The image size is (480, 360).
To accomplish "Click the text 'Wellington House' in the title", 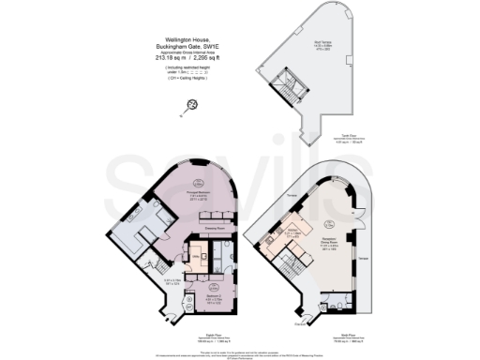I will (x=179, y=39).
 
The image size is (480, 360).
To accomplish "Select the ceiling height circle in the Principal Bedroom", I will (x=198, y=182).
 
